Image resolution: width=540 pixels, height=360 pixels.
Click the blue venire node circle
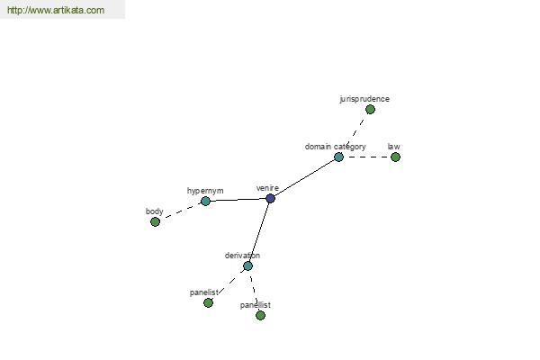click(x=270, y=198)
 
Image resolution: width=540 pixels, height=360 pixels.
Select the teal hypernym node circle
click(x=205, y=201)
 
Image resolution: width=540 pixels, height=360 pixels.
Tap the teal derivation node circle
click(x=248, y=266)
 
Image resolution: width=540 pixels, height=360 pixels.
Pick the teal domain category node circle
click(x=339, y=157)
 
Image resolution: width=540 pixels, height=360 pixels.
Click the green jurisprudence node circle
click(x=370, y=110)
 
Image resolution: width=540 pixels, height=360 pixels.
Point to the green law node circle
click(x=395, y=157)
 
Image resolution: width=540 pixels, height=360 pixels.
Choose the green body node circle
click(x=156, y=222)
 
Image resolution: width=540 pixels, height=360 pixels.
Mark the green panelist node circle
click(x=209, y=302)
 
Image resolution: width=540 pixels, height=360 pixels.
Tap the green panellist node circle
click(x=261, y=315)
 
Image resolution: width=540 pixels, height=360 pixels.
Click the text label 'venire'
click(x=267, y=188)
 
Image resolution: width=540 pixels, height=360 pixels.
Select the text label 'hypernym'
click(x=205, y=191)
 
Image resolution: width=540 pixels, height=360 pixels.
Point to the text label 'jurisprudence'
click(x=364, y=99)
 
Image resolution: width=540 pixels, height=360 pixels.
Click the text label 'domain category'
click(x=335, y=147)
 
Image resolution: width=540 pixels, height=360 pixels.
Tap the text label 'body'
click(x=154, y=211)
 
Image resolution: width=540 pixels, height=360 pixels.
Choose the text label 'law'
click(x=393, y=147)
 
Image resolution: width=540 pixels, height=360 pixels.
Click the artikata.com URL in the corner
click(x=56, y=10)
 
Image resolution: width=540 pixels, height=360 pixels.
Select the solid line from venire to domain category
click(x=304, y=178)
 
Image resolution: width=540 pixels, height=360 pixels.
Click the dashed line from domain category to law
click(x=367, y=157)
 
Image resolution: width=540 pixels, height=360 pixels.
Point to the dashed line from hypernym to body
click(x=181, y=211)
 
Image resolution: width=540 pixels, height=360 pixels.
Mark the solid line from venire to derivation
click(x=259, y=232)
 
